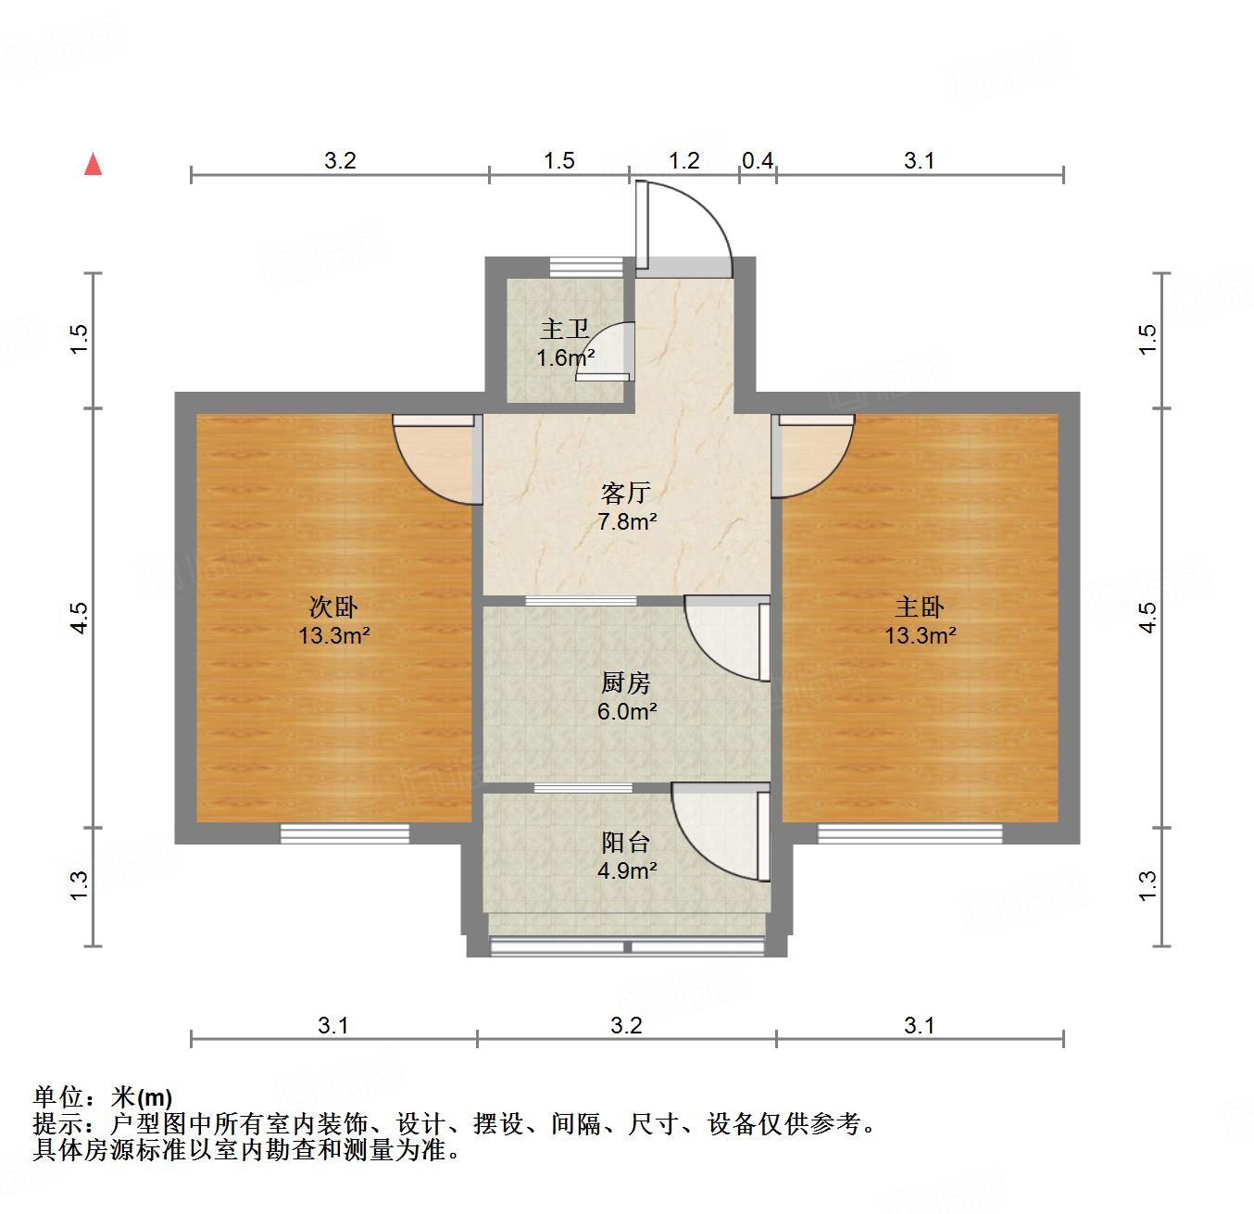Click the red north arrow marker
(93, 165)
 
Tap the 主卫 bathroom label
(565, 329)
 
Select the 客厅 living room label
(626, 493)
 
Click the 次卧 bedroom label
(333, 607)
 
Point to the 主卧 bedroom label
(919, 607)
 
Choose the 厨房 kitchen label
(626, 683)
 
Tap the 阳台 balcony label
(626, 842)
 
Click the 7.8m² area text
(627, 521)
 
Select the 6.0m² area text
(627, 712)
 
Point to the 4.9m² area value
(627, 870)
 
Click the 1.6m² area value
(565, 357)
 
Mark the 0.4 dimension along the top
(758, 160)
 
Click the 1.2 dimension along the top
(683, 160)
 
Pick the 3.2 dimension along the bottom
(626, 1025)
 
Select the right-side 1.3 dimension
(1147, 885)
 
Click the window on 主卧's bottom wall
(909, 833)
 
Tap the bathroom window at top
(574, 267)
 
